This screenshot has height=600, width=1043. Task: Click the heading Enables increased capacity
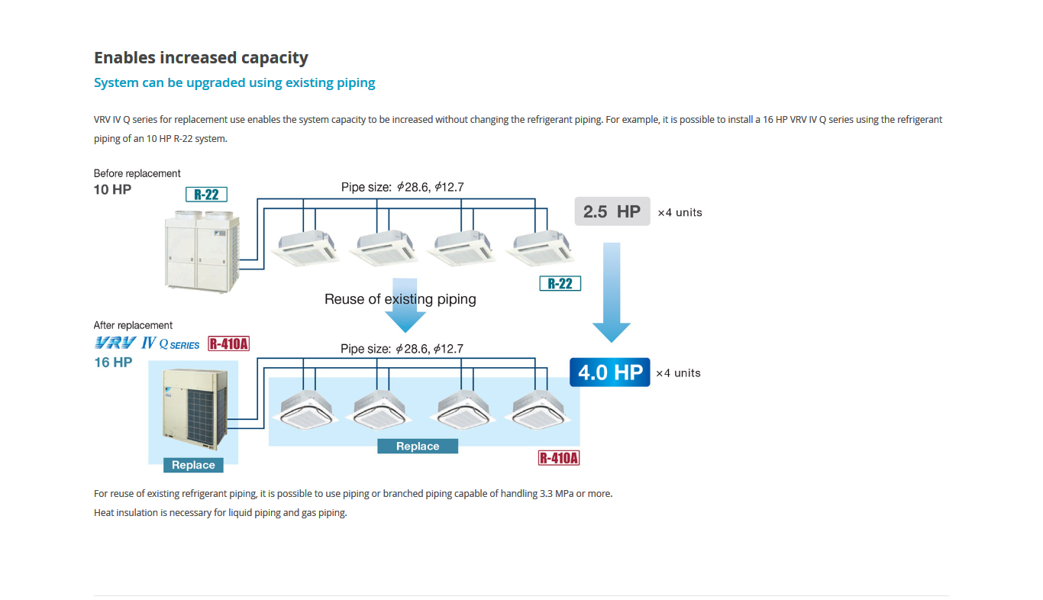(x=201, y=58)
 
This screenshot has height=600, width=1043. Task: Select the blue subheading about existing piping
(x=234, y=82)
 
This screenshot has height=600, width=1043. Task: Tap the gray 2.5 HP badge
(x=612, y=211)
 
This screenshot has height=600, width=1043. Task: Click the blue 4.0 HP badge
(x=609, y=373)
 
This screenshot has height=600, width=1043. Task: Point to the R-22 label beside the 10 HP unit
(x=206, y=195)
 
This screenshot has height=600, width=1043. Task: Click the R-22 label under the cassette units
(x=560, y=283)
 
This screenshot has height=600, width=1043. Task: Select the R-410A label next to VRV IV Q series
(x=229, y=344)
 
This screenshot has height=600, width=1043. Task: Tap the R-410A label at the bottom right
(x=559, y=458)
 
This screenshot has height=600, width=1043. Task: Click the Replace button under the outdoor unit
(x=193, y=465)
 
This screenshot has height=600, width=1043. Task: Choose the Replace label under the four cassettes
(x=418, y=447)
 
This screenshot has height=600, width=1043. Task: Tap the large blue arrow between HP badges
(x=612, y=290)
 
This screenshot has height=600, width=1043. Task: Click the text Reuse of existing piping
(x=400, y=299)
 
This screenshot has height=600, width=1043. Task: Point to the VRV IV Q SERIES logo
(x=147, y=344)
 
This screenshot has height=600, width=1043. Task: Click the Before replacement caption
(x=137, y=173)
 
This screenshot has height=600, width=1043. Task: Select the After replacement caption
(x=133, y=325)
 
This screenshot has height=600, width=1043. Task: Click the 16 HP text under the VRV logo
(x=113, y=363)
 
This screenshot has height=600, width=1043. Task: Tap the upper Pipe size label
(x=402, y=187)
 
